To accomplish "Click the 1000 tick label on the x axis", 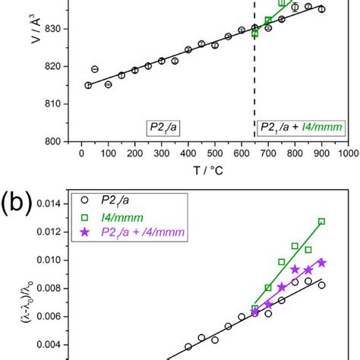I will [x=348, y=153].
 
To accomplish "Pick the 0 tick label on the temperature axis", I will [x=81, y=153].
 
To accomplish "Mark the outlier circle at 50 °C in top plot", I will [x=95, y=69].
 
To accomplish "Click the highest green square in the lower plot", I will [x=322, y=222].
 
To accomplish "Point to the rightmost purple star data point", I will [x=322, y=263].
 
